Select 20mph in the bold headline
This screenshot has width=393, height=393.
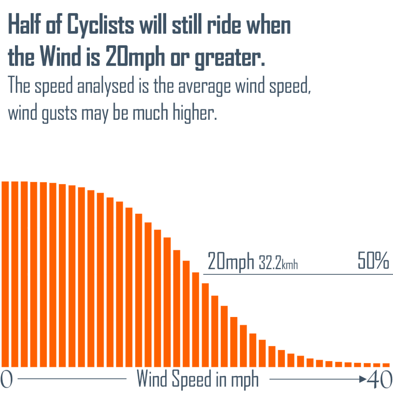(135, 57)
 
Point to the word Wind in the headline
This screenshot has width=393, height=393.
(60, 56)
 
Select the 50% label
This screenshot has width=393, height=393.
(373, 261)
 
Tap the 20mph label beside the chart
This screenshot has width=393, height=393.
(231, 261)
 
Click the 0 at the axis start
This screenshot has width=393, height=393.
(6, 380)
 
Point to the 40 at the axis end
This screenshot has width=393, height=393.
(379, 380)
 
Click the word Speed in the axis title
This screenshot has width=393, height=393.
(192, 380)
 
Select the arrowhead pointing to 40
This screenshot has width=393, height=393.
(363, 379)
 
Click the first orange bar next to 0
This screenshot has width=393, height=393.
(5, 274)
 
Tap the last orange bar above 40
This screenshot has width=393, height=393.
(386, 365)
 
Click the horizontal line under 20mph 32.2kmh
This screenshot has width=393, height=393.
(298, 274)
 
